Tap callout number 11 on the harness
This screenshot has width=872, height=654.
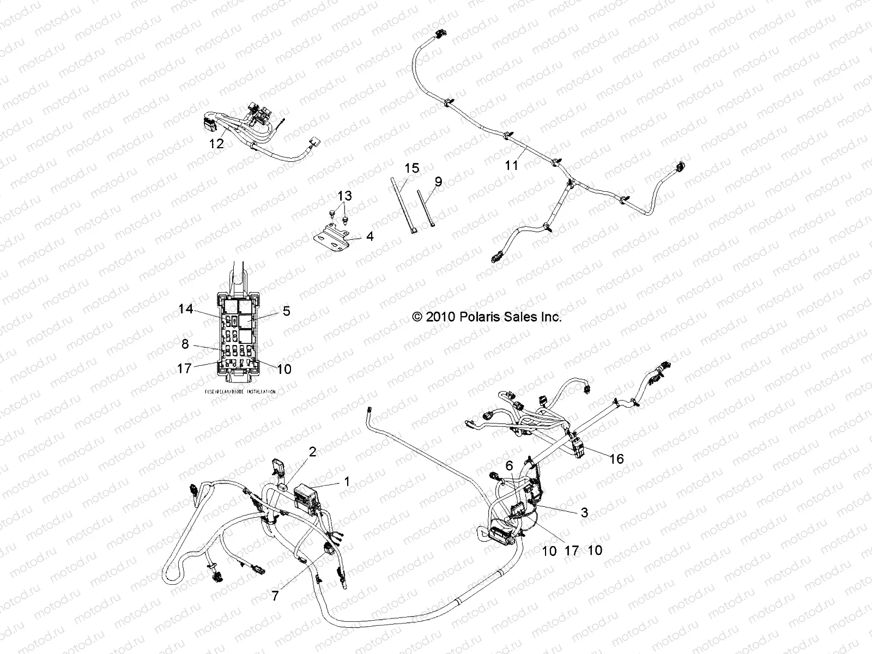pyautogui.click(x=512, y=164)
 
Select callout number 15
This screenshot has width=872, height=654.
pyautogui.click(x=413, y=168)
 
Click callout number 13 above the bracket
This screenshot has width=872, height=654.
pyautogui.click(x=344, y=196)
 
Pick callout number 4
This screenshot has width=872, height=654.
pyautogui.click(x=370, y=237)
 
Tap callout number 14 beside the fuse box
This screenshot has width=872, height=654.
pyautogui.click(x=186, y=309)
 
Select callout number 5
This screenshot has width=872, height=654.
pyautogui.click(x=286, y=311)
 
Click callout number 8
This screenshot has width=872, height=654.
pyautogui.click(x=185, y=344)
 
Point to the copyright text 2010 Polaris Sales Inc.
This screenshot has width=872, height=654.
pyautogui.click(x=487, y=317)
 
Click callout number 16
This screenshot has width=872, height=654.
pyautogui.click(x=616, y=459)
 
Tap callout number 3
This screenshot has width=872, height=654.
pyautogui.click(x=584, y=512)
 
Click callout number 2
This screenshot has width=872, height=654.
pyautogui.click(x=312, y=451)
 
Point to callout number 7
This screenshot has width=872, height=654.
pyautogui.click(x=275, y=596)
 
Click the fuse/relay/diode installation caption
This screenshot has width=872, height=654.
pyautogui.click(x=240, y=391)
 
